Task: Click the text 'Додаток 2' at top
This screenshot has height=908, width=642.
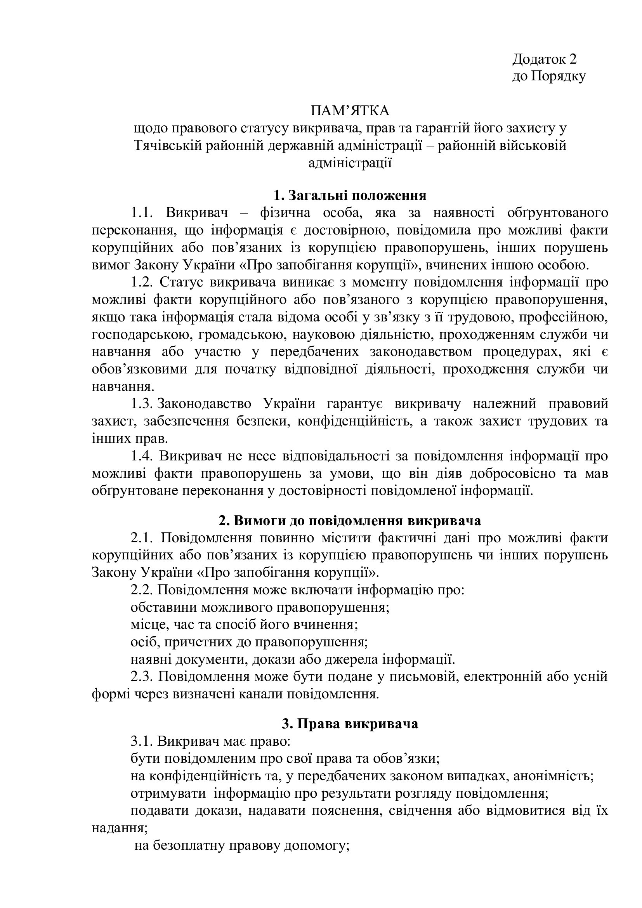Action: coord(544,59)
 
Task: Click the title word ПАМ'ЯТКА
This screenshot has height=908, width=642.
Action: coord(350,111)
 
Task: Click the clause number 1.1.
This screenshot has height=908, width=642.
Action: coord(142,213)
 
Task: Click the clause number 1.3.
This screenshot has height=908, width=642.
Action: coord(142,404)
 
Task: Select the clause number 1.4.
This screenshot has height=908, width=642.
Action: coord(142,456)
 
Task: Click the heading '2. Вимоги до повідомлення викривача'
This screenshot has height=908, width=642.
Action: coord(350,521)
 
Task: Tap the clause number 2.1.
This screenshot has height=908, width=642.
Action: coord(142,538)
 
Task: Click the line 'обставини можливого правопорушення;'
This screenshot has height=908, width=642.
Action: coord(260,608)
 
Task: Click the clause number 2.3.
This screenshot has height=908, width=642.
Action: coord(142,677)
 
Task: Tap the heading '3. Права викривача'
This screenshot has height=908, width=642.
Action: coord(350,724)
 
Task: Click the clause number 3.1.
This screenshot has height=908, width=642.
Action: coord(142,741)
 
